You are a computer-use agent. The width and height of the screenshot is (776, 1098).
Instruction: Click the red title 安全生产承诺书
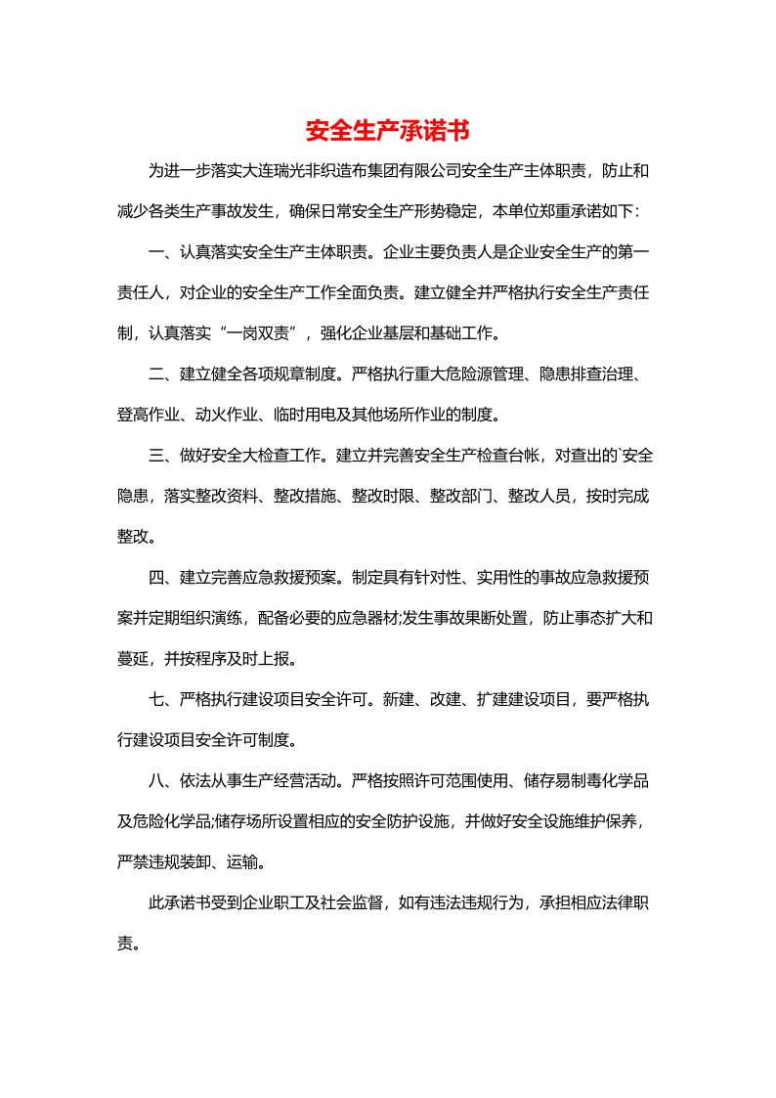(x=387, y=131)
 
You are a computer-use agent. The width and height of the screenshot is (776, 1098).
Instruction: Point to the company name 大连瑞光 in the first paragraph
(x=259, y=172)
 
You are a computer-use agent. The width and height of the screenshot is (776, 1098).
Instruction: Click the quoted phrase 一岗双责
(x=257, y=333)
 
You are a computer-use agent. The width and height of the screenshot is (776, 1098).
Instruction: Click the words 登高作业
(x=149, y=414)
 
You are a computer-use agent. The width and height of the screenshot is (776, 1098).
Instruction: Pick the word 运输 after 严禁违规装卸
(x=242, y=861)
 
